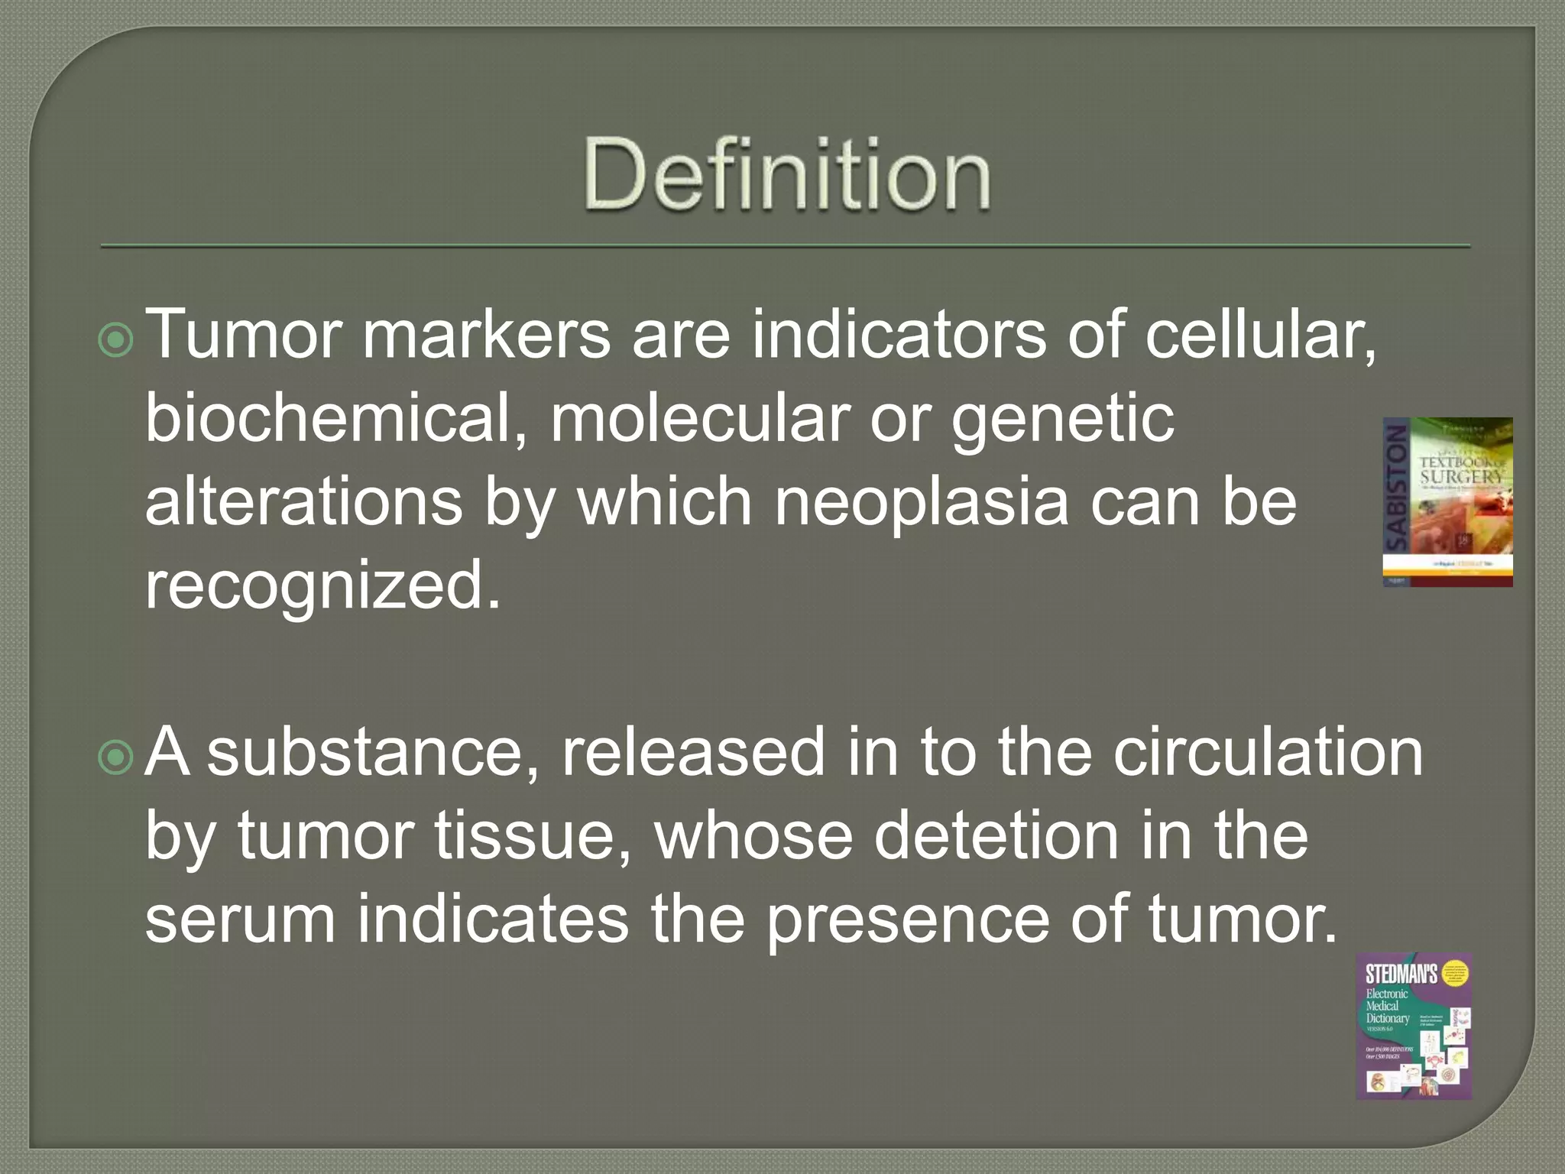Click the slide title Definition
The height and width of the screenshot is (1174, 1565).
787,174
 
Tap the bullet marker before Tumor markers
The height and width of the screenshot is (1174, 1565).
116,340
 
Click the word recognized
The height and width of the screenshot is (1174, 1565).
322,587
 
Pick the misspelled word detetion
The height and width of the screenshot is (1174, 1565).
996,836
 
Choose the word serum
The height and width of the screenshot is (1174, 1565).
240,920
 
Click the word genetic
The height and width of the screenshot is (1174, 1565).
1062,422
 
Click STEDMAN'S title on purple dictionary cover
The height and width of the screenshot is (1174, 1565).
1401,975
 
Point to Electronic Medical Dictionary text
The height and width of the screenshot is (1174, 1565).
1387,1006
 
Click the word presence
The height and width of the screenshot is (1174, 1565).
908,920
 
